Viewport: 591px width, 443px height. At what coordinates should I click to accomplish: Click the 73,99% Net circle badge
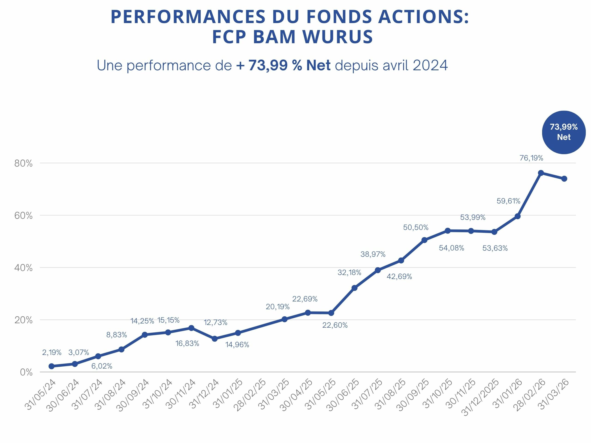pyautogui.click(x=564, y=132)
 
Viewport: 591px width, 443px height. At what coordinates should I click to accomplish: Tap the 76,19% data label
pyautogui.click(x=531, y=158)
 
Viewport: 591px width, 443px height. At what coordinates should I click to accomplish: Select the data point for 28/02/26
pyautogui.click(x=541, y=173)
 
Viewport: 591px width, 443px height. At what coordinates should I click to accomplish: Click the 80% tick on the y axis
pyautogui.click(x=24, y=163)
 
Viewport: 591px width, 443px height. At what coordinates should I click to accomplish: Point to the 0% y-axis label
pyautogui.click(x=26, y=372)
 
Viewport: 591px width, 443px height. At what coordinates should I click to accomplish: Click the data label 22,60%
pyautogui.click(x=335, y=325)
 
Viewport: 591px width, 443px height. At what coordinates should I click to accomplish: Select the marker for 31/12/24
pyautogui.click(x=214, y=338)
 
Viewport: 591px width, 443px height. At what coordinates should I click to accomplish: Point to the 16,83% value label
pyautogui.click(x=187, y=343)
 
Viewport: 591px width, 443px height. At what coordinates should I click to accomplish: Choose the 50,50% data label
pyautogui.click(x=416, y=227)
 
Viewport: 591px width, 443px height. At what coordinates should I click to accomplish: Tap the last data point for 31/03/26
pyautogui.click(x=564, y=179)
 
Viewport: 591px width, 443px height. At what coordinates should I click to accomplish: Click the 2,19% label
pyautogui.click(x=52, y=353)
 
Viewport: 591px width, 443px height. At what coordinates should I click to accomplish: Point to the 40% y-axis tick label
pyautogui.click(x=24, y=268)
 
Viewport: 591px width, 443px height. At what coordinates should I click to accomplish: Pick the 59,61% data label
pyautogui.click(x=508, y=201)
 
